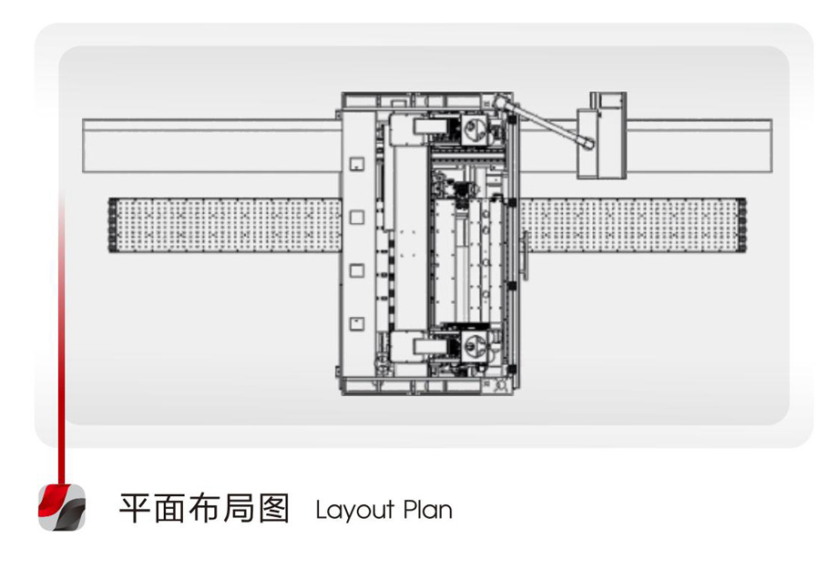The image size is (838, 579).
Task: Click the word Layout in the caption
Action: [x=355, y=510]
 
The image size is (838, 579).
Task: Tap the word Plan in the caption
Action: [x=427, y=510]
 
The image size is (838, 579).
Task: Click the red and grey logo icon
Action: [x=62, y=507]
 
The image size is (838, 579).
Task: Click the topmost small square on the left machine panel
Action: [x=357, y=164]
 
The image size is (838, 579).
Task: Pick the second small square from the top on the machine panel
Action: [x=357, y=217]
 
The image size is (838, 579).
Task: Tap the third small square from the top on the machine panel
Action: [x=357, y=270]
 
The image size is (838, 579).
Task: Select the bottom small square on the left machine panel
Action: [x=357, y=324]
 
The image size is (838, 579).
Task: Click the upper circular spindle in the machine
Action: [x=473, y=128]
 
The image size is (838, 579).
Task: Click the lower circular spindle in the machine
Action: [x=473, y=346]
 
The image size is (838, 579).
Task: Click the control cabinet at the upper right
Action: [x=601, y=136]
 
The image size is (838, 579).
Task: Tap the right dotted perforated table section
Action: [x=633, y=225]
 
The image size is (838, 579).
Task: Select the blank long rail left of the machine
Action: [x=211, y=146]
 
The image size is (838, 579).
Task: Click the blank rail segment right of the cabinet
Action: [x=700, y=146]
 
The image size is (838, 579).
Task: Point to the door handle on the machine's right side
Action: [x=526, y=255]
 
